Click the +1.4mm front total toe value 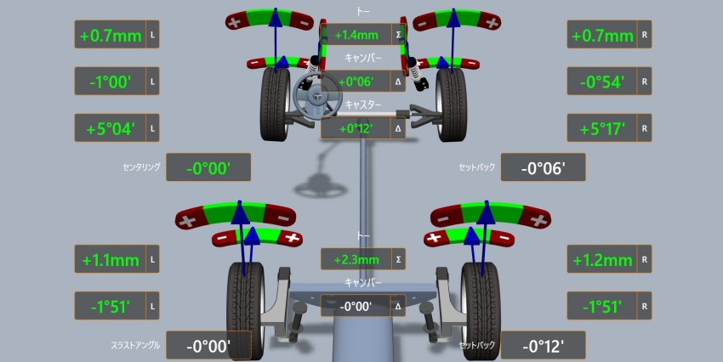[356, 35]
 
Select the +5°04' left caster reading [111, 128]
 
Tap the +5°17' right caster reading [602, 128]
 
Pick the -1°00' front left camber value [111, 82]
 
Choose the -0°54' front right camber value [602, 82]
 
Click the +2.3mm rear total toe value [356, 260]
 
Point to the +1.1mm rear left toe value [111, 260]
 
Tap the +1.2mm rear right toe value [602, 260]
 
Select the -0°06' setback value [544, 168]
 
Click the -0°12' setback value [544, 346]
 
